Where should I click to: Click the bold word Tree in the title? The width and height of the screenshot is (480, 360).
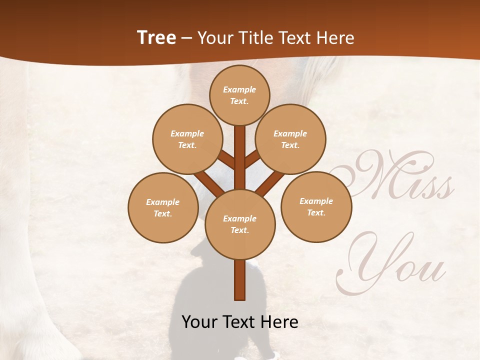tap(156, 38)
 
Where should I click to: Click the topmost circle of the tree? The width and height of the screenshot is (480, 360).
tap(239, 95)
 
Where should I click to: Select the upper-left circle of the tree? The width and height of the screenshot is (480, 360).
tap(187, 139)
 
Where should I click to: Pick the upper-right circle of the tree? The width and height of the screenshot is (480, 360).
tap(290, 139)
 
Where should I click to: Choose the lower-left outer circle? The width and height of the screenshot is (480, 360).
tap(163, 207)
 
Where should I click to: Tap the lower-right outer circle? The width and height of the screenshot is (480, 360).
tap(316, 206)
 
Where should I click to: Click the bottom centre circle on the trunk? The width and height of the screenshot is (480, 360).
tap(240, 224)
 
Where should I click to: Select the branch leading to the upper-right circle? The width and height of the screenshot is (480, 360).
tap(252, 159)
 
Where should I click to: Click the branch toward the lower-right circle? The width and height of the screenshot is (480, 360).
tap(270, 182)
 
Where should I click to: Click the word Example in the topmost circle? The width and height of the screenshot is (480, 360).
tap(239, 89)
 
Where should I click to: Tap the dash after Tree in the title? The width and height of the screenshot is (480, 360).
tap(187, 38)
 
